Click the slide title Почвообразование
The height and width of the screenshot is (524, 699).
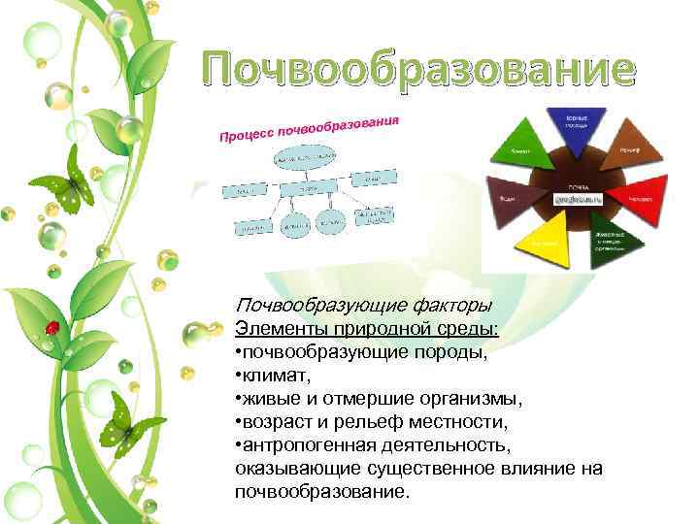(419, 71)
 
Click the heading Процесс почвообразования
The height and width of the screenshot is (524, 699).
(309, 126)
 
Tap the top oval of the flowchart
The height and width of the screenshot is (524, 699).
(311, 158)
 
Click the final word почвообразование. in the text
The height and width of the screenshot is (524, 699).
(316, 493)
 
